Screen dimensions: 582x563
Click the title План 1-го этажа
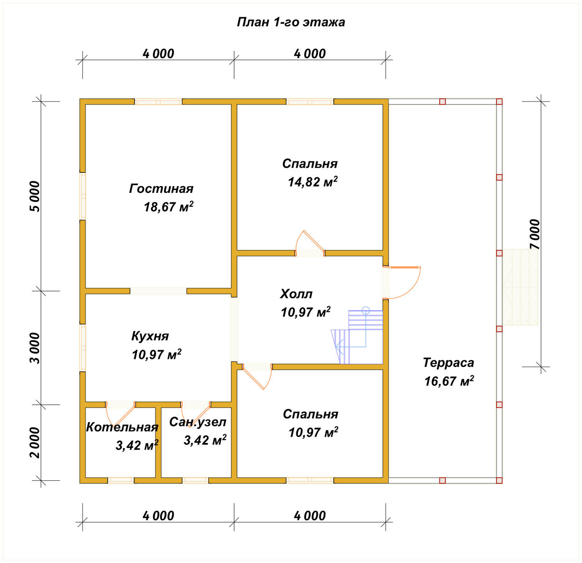(291, 22)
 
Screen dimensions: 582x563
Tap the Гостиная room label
(161, 189)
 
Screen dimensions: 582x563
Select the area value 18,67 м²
(169, 207)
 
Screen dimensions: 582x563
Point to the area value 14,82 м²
(313, 181)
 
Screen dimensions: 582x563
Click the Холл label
(296, 294)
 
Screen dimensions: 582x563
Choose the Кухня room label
(150, 336)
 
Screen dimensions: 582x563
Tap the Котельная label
(122, 427)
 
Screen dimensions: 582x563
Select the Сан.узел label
(198, 422)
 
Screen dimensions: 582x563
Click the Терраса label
(449, 363)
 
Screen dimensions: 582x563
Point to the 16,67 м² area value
(449, 381)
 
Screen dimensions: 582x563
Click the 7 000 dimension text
(535, 234)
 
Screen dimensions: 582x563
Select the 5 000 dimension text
(35, 196)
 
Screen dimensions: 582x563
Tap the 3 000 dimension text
(35, 348)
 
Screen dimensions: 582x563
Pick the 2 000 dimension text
(35, 443)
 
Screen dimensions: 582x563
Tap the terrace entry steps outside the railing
(521, 287)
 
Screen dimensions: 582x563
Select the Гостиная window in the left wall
(83, 196)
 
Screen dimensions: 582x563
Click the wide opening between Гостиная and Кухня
(158, 291)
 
